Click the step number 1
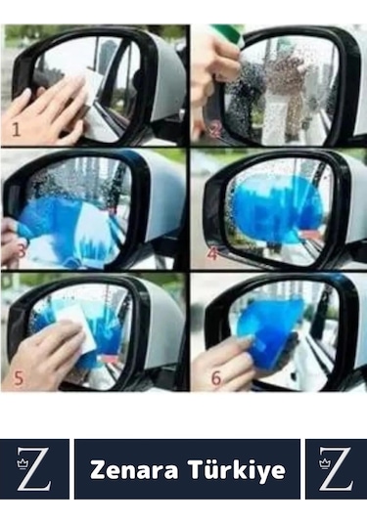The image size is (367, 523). (x=16, y=129)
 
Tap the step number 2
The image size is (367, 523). (x=216, y=130)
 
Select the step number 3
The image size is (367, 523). (x=21, y=250)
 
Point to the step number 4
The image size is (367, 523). (x=212, y=253)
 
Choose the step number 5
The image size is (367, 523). (x=19, y=378)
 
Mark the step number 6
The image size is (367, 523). (x=216, y=378)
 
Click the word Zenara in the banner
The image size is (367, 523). (x=134, y=470)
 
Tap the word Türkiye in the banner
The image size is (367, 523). (x=237, y=470)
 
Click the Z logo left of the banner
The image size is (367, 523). (x=34, y=469)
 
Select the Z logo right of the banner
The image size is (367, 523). (x=336, y=469)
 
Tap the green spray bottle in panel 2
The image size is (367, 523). (x=231, y=33)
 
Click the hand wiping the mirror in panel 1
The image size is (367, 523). (x=47, y=107)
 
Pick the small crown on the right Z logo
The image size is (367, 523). (x=324, y=463)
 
